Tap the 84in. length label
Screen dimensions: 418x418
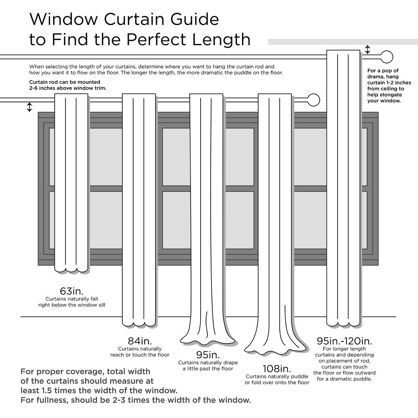point(139,341)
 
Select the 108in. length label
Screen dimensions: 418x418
point(277,369)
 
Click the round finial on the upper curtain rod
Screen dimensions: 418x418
point(387,57)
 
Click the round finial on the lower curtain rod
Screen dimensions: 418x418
point(313,100)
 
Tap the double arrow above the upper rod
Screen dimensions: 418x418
point(367,50)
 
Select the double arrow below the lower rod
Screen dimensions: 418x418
point(29,107)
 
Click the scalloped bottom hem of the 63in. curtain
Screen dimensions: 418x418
point(71,268)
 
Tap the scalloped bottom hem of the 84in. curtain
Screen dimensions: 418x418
point(139,324)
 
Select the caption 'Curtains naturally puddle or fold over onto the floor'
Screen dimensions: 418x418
point(277,379)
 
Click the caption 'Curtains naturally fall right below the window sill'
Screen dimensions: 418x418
point(71,302)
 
